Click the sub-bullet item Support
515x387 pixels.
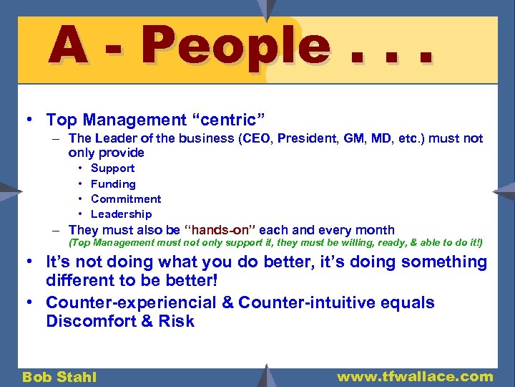(112, 168)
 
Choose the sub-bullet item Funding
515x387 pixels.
(113, 184)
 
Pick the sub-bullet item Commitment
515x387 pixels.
(126, 199)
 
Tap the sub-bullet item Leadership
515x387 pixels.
(122, 214)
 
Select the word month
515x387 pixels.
(374, 230)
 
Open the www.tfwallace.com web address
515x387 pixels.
(415, 376)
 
